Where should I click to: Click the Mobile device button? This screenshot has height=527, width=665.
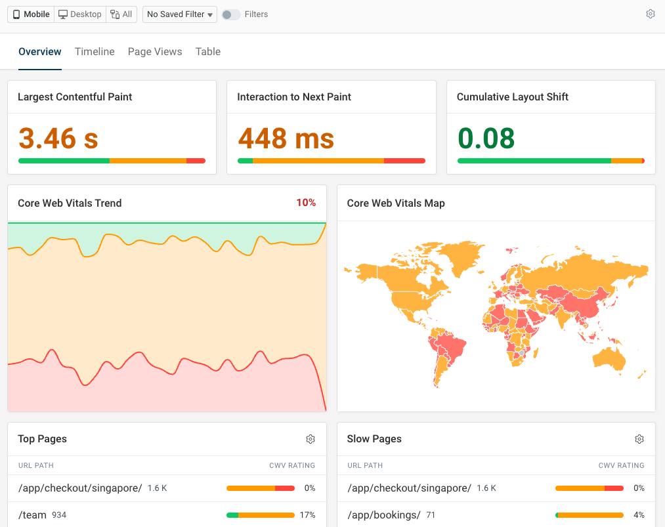pyautogui.click(x=31, y=14)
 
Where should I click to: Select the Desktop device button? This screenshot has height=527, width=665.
pyautogui.click(x=79, y=14)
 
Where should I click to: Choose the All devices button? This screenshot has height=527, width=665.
pyautogui.click(x=121, y=14)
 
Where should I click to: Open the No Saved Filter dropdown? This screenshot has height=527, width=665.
pyautogui.click(x=180, y=14)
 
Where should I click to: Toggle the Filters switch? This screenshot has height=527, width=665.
pyautogui.click(x=230, y=14)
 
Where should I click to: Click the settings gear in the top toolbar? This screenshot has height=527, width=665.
pyautogui.click(x=651, y=14)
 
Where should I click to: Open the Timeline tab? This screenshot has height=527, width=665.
pyautogui.click(x=95, y=52)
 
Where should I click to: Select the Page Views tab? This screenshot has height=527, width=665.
pyautogui.click(x=155, y=52)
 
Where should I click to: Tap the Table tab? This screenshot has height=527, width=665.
pyautogui.click(x=208, y=52)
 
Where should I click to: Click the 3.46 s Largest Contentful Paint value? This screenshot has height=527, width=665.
pyautogui.click(x=58, y=138)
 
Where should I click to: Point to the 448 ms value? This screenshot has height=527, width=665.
pyautogui.click(x=286, y=138)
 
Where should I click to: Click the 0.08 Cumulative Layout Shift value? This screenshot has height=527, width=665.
pyautogui.click(x=486, y=138)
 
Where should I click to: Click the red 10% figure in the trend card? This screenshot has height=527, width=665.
pyautogui.click(x=306, y=203)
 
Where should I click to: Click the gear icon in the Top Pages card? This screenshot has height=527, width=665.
pyautogui.click(x=311, y=439)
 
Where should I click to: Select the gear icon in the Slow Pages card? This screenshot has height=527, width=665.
pyautogui.click(x=639, y=439)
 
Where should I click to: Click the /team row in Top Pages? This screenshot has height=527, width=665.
pyautogui.click(x=33, y=515)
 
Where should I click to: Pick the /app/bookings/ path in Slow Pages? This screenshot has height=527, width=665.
pyautogui.click(x=383, y=515)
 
